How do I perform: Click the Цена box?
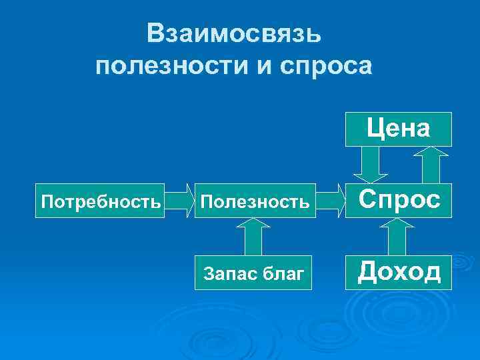coord(398,129)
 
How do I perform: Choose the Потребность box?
coord(100,199)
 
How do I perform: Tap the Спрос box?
coord(398,199)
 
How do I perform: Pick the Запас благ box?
coord(253,271)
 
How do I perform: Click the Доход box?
coord(398,271)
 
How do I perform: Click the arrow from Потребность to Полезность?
coord(179,200)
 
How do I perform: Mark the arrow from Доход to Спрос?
coord(397,237)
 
